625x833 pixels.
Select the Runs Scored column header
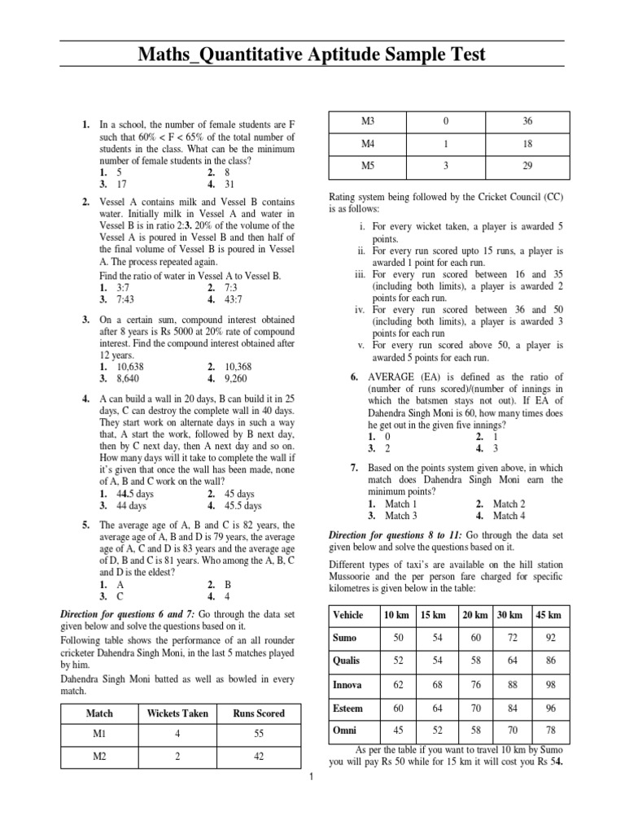click(259, 713)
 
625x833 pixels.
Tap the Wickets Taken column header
click(177, 713)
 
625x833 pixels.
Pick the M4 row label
click(367, 143)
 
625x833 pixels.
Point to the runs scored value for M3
click(527, 121)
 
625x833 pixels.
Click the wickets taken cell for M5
click(445, 166)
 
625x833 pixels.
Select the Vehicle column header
click(348, 615)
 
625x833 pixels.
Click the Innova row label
click(347, 685)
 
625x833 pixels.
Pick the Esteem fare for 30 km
click(513, 709)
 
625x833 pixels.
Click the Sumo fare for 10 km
click(398, 639)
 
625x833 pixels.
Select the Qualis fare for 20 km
click(475, 661)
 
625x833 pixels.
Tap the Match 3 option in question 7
click(401, 516)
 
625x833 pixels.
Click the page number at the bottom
click(312, 778)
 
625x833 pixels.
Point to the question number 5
click(85, 526)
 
